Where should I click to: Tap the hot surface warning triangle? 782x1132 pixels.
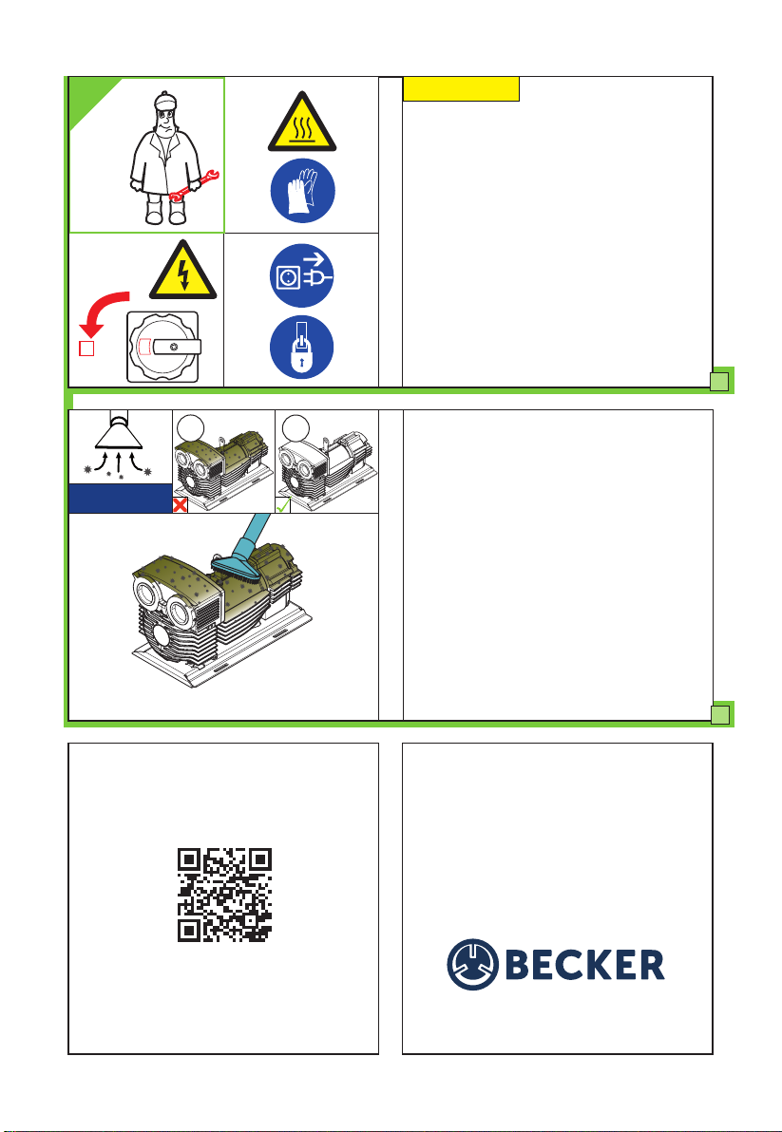tap(302, 123)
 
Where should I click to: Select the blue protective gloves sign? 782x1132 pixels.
tap(302, 191)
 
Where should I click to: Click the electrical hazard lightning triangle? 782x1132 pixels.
tap(183, 271)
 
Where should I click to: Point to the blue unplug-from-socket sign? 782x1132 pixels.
tap(302, 275)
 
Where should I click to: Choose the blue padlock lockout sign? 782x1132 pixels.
tap(302, 348)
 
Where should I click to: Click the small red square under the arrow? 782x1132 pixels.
tap(86, 349)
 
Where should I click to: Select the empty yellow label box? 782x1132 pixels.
tap(462, 89)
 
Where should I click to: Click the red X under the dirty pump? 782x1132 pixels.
tap(181, 505)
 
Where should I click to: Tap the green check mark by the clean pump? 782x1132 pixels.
tap(283, 505)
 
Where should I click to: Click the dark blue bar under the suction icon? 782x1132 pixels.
tap(120, 499)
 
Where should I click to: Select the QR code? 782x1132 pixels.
tap(224, 896)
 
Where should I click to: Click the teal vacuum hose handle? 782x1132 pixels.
tap(254, 533)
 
